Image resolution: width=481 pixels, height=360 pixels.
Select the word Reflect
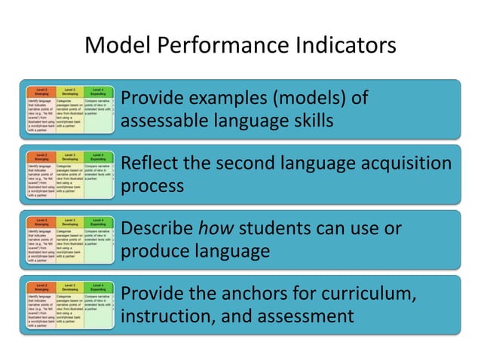[150, 163]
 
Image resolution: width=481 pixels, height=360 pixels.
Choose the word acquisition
[400, 163]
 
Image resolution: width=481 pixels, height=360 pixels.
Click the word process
[152, 185]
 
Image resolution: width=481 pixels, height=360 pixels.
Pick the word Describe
[157, 228]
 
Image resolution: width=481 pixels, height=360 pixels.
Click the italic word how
[214, 228]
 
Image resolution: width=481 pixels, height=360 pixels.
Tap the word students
[277, 228]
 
